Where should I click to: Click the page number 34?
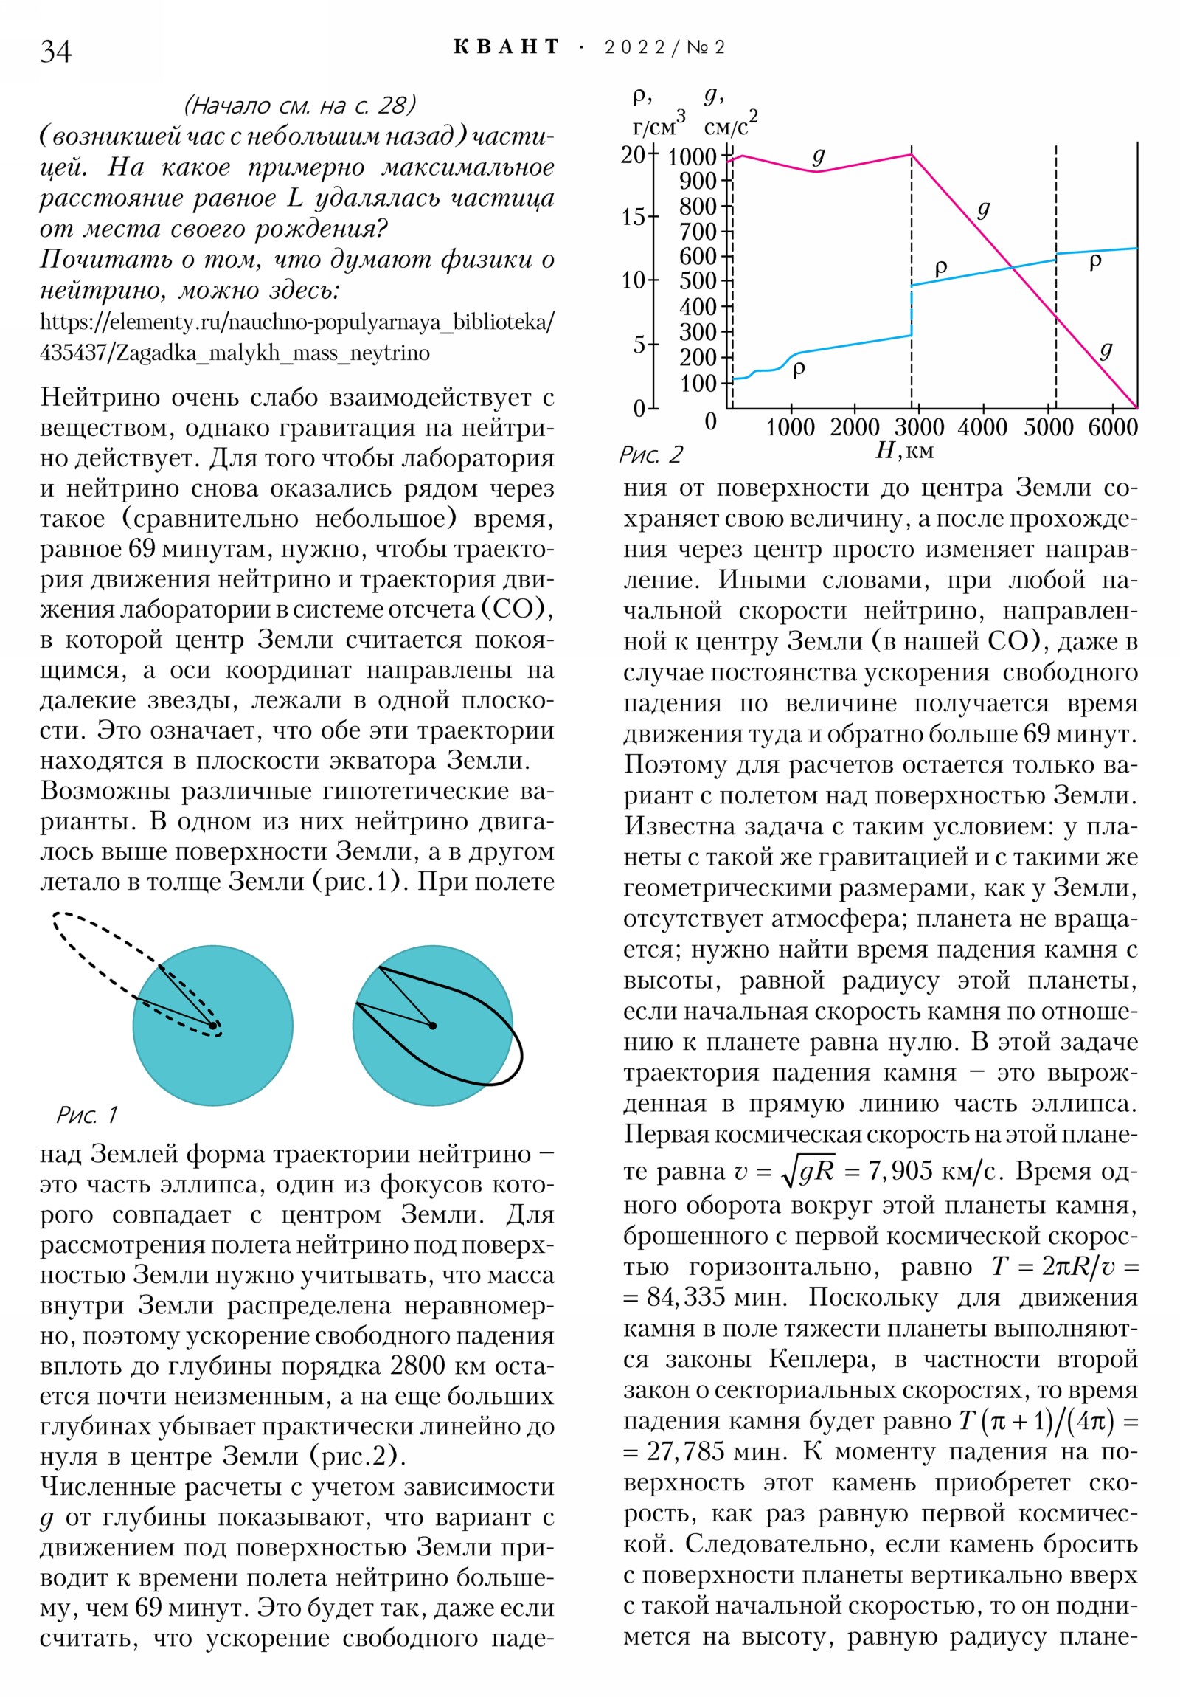point(55,52)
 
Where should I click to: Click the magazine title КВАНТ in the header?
point(506,48)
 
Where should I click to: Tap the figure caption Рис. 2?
point(650,455)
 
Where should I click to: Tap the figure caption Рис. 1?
point(87,1115)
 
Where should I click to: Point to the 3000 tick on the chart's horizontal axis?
point(918,428)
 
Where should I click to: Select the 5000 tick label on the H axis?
point(1048,428)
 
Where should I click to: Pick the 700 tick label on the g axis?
point(698,232)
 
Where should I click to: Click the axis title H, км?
point(904,451)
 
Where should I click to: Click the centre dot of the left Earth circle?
point(213,1026)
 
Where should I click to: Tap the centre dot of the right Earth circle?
point(433,1026)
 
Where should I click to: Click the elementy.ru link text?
point(296,337)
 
